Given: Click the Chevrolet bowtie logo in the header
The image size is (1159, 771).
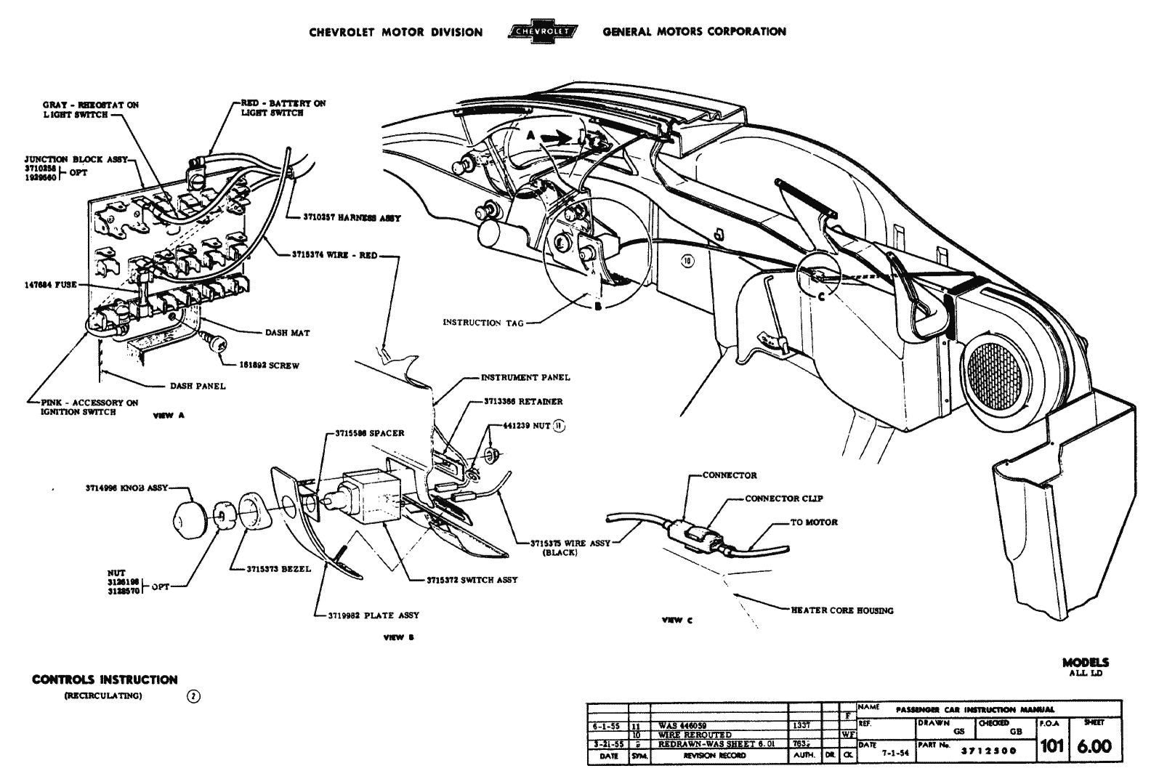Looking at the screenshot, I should tap(542, 32).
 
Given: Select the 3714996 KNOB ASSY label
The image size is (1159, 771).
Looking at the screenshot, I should tap(126, 489).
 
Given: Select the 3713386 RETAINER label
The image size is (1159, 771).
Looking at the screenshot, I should tap(523, 401).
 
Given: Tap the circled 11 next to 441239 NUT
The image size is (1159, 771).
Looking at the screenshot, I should tap(559, 426).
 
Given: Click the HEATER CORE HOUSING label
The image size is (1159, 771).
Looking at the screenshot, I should tap(842, 610).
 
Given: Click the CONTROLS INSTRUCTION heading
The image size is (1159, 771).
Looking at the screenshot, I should tap(105, 680).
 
